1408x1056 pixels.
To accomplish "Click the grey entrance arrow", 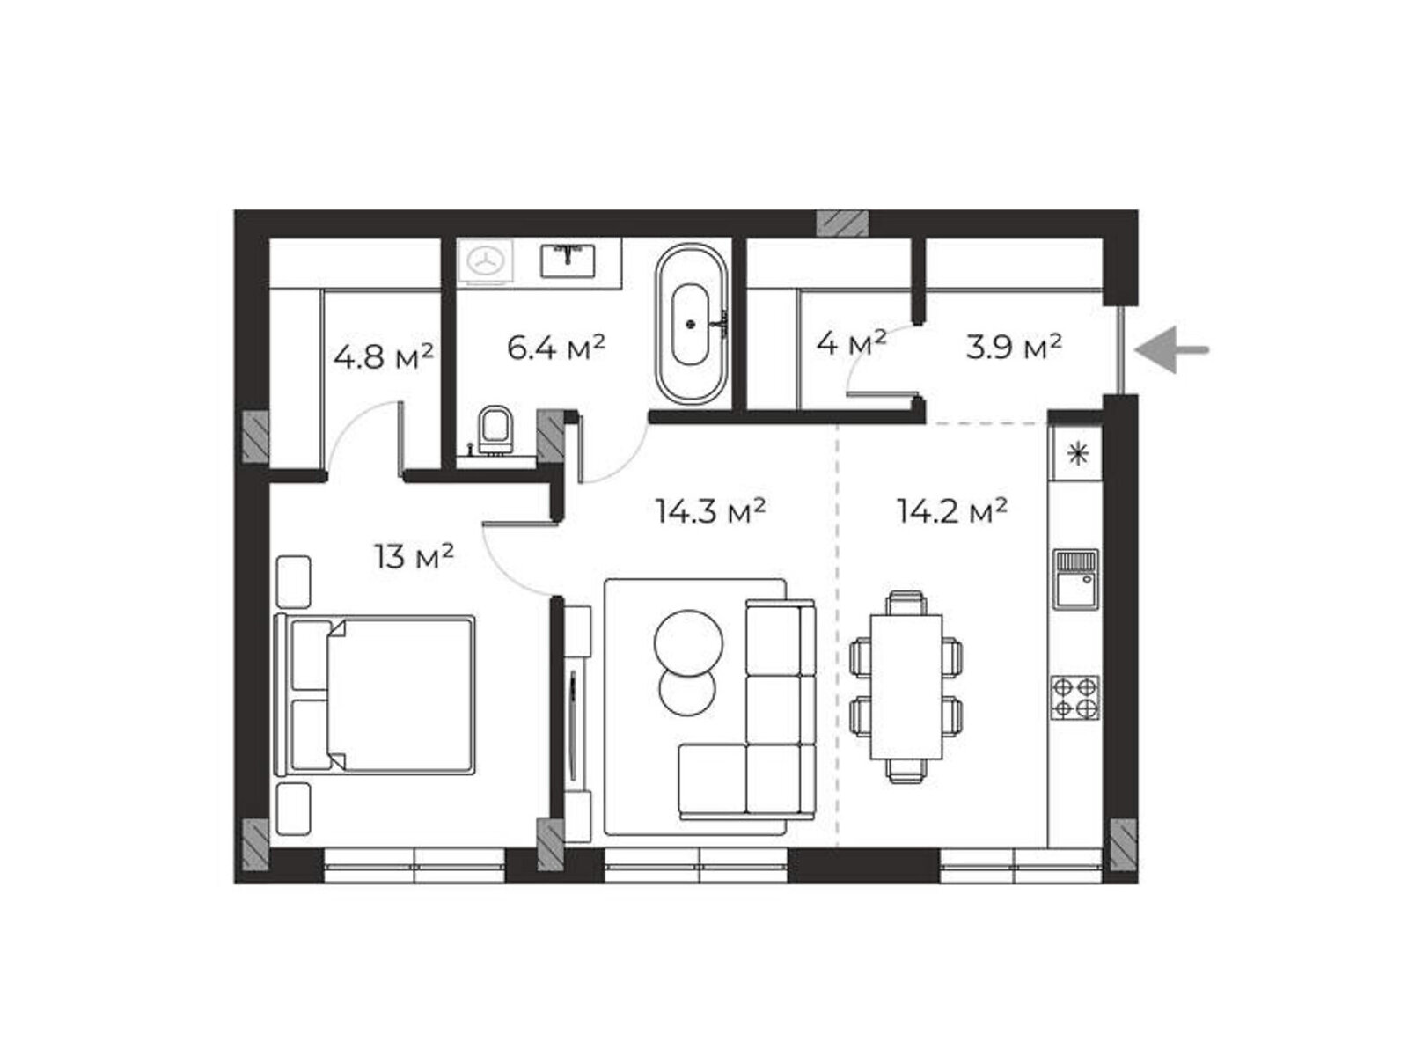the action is pyautogui.click(x=1170, y=349).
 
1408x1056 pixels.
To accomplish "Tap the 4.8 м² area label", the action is pyautogui.click(x=383, y=356).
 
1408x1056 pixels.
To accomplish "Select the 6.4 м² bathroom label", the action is pyautogui.click(x=555, y=348).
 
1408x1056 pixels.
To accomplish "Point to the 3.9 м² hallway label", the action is pyautogui.click(x=1014, y=348).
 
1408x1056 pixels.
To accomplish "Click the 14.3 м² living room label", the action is pyautogui.click(x=710, y=511).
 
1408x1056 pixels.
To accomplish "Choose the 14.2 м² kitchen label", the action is pyautogui.click(x=951, y=511).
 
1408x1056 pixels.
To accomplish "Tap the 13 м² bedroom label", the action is pyautogui.click(x=414, y=556).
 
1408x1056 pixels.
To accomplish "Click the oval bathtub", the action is pyautogui.click(x=692, y=324).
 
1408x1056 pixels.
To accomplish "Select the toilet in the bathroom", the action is pyautogui.click(x=495, y=430).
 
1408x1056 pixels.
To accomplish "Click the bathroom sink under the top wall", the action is pyautogui.click(x=568, y=260).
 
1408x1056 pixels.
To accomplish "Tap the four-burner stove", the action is pyautogui.click(x=1074, y=697).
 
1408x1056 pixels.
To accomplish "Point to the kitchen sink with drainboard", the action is pyautogui.click(x=1074, y=580).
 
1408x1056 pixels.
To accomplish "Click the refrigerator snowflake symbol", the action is pyautogui.click(x=1077, y=454).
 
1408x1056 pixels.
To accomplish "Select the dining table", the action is pyautogui.click(x=906, y=686).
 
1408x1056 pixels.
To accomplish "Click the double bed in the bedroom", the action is pyautogui.click(x=375, y=695).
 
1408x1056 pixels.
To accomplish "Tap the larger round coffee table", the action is pyautogui.click(x=688, y=642).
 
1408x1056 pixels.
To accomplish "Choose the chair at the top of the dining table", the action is pyautogui.click(x=906, y=603).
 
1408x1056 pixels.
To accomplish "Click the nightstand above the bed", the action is pyautogui.click(x=294, y=582).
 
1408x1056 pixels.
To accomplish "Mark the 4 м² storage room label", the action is pyautogui.click(x=851, y=345).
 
